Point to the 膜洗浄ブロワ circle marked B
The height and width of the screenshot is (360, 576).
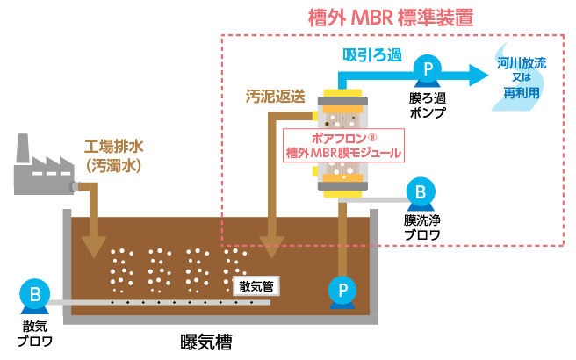[x=420, y=190]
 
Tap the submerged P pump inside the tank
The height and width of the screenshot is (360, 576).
[x=340, y=289]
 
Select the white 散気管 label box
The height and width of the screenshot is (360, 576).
[x=257, y=284]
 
